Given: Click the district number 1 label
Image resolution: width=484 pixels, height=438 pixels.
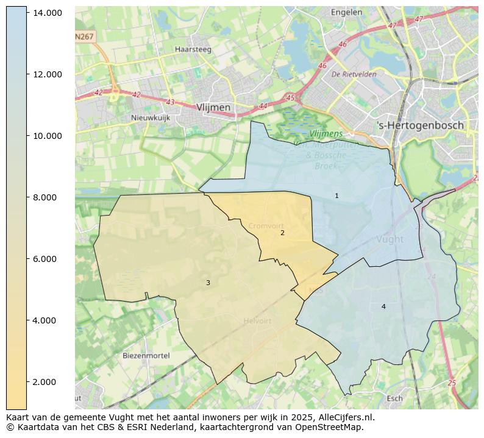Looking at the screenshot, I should point(336,196).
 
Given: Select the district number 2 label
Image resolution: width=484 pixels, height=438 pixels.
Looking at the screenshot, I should point(282,233).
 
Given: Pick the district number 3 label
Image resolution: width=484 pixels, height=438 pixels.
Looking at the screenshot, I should point(208,283).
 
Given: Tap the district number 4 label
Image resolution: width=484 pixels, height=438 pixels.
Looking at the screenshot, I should point(383,306).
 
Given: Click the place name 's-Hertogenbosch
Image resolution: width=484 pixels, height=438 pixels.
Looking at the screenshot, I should point(420,125).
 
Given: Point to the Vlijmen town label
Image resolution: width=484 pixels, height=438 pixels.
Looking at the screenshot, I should point(213,107).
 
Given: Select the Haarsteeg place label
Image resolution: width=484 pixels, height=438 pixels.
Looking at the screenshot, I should point(193,49).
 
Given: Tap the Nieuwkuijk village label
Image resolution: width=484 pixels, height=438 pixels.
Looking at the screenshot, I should point(151,118).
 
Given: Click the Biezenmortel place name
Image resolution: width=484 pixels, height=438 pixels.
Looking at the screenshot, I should point(146,355).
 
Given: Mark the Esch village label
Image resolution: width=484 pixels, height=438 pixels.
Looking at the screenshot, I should point(394,398).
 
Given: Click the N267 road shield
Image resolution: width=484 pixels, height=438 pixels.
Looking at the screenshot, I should point(85,37).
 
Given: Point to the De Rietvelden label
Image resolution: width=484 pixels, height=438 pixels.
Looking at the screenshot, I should point(354,74).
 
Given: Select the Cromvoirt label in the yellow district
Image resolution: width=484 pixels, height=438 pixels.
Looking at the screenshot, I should point(266,226).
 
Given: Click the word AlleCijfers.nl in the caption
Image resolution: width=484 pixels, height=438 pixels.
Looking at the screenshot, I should point(344,417).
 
